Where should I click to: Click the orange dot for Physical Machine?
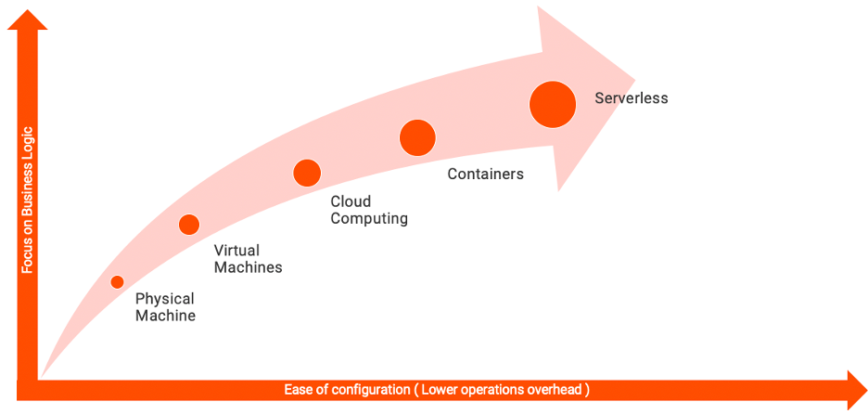tap(117, 282)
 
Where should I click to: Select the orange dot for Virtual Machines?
tap(189, 224)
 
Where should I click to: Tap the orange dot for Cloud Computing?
tap(307, 173)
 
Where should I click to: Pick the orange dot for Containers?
tap(417, 137)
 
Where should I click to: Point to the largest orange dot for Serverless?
tap(553, 103)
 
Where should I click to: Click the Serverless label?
tap(631, 97)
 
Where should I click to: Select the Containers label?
tap(485, 174)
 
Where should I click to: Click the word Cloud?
tap(351, 201)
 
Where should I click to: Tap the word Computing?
tap(369, 219)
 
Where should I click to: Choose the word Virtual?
tap(236, 250)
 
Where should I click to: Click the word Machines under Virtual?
tap(248, 267)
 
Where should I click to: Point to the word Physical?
tap(164, 299)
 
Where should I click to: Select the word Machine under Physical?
tap(165, 316)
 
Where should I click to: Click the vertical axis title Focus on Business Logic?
tap(28, 199)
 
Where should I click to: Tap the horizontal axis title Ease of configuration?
tap(437, 390)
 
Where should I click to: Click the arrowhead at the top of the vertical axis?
tap(28, 19)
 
